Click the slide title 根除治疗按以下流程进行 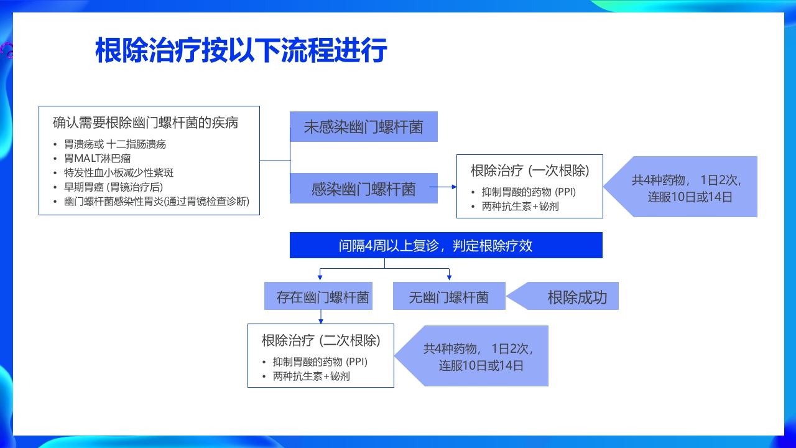[x=241, y=50]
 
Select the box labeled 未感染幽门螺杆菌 [x=364, y=127]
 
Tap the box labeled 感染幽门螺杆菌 [x=364, y=189]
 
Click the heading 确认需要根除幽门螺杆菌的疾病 [x=146, y=123]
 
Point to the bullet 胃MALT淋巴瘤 [x=98, y=158]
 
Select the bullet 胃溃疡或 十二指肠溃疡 [x=115, y=144]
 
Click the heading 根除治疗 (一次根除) [x=530, y=170]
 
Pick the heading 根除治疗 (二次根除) [x=321, y=340]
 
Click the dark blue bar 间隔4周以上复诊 [x=446, y=245]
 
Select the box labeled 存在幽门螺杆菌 [x=323, y=297]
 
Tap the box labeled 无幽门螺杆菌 [x=448, y=297]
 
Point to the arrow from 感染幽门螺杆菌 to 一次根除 [x=443, y=186]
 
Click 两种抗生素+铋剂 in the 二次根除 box [x=311, y=376]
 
